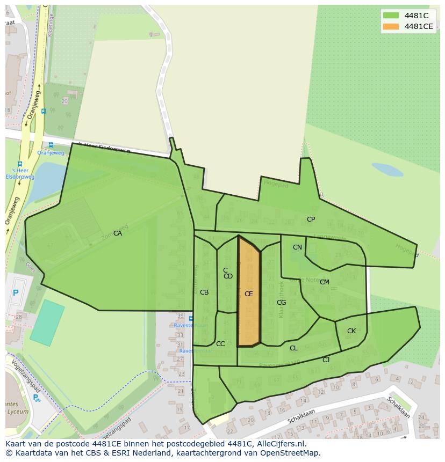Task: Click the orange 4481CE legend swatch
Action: (391, 26)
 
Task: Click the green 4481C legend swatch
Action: (391, 16)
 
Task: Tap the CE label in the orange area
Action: (248, 294)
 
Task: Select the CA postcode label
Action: (118, 233)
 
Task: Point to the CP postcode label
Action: (311, 219)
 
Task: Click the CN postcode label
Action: (297, 247)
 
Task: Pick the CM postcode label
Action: (325, 282)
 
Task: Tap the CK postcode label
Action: (351, 331)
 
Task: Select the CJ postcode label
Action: (326, 360)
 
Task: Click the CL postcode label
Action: (293, 348)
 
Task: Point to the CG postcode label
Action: (281, 303)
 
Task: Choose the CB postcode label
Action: (204, 292)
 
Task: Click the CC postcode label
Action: (220, 344)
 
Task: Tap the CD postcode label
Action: (228, 276)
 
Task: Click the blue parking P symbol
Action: (16, 293)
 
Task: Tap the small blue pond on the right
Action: (387, 170)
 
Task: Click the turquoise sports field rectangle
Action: (47, 322)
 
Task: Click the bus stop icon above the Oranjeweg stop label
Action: (51, 145)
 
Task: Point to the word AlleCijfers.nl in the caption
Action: (279, 444)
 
